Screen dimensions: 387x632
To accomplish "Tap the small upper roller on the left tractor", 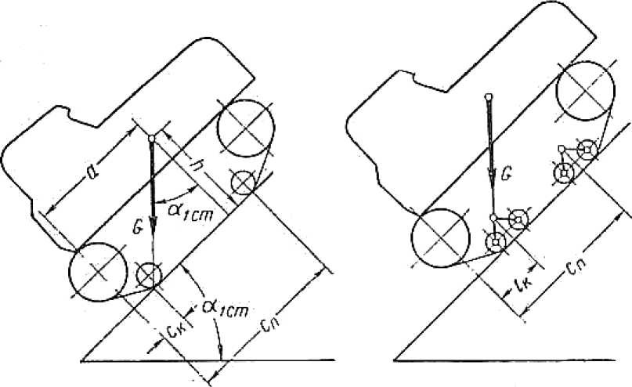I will [244, 183].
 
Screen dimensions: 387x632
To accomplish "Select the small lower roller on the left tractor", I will [149, 274].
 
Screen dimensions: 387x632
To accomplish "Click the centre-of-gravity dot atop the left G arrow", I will [152, 138].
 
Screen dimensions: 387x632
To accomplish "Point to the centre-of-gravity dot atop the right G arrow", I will [489, 97].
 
